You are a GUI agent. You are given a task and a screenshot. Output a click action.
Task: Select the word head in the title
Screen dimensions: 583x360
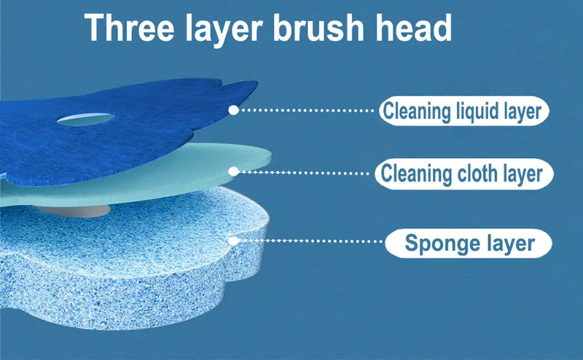tap(413, 28)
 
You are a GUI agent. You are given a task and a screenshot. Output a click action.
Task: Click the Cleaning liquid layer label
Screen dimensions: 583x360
tap(463, 111)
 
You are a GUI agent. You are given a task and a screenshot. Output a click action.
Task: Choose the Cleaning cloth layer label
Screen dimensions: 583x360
tap(463, 173)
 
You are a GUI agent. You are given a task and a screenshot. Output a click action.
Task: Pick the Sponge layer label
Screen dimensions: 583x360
tap(469, 243)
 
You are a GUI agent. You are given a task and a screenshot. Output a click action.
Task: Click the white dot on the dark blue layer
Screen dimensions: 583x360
tap(233, 110)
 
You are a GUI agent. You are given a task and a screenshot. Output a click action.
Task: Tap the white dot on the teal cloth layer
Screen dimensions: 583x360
tap(233, 171)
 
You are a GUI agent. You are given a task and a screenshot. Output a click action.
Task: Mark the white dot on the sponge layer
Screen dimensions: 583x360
tap(233, 241)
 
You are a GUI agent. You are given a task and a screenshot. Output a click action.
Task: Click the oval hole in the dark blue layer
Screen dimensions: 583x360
tap(85, 119)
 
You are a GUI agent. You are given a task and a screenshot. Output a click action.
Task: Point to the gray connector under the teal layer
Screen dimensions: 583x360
tap(74, 211)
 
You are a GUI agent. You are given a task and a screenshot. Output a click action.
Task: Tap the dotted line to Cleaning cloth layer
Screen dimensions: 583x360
tap(304, 172)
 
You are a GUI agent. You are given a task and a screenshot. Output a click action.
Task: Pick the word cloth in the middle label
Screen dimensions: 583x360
tap(477, 173)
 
